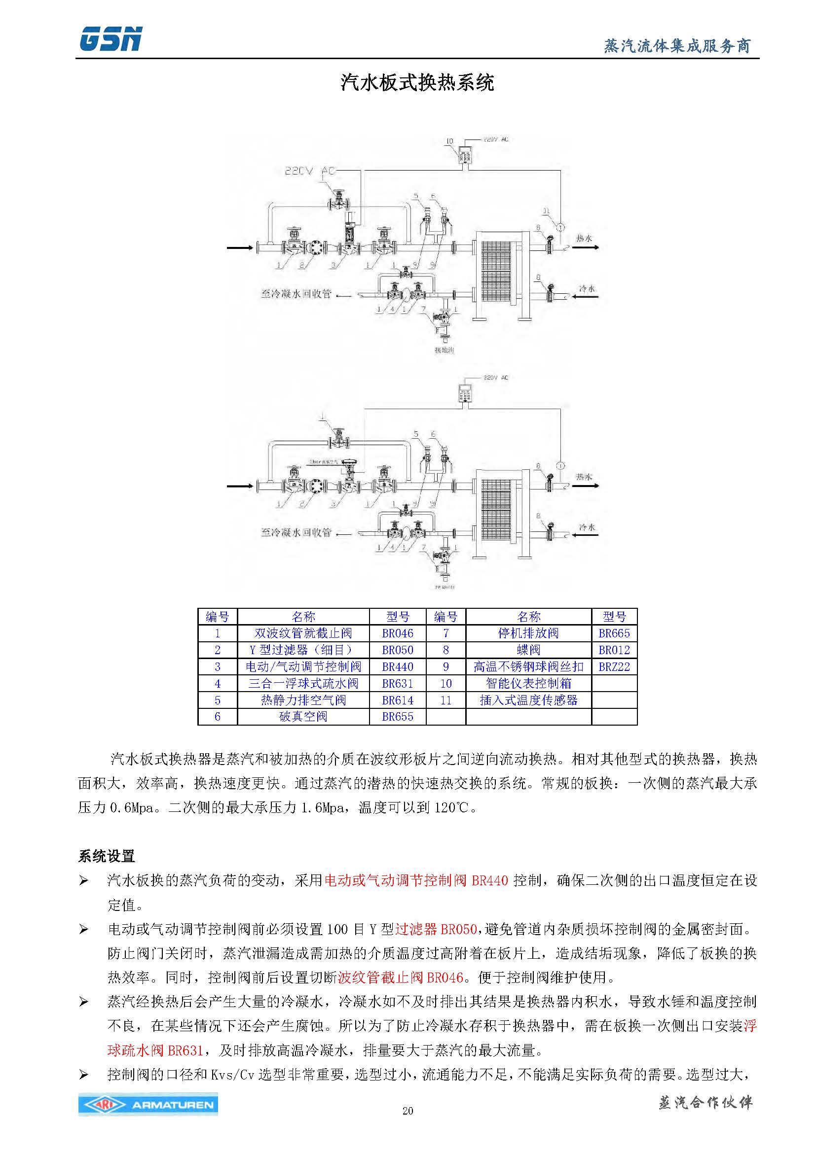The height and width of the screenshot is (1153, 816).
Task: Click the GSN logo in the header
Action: coord(111,39)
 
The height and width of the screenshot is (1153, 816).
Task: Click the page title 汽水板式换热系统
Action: coord(417,82)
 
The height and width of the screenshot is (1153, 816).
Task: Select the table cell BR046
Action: coord(398,633)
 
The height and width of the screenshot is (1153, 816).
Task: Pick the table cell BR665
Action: coord(614,633)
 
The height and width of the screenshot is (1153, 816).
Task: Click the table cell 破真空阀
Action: coord(303,717)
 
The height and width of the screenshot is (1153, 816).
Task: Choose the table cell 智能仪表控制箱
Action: coord(528,683)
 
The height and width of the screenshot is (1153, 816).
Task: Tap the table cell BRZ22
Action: coord(614,667)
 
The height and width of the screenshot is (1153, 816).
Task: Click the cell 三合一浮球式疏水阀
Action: coord(303,683)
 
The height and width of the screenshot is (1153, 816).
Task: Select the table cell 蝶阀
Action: coord(528,650)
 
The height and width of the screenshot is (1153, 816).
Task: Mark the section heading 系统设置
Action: coord(107,856)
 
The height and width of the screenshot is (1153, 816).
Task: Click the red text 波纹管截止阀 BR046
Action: coord(401,977)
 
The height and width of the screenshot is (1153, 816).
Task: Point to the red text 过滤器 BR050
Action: coord(436,929)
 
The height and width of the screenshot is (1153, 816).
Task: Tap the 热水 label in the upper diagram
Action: coord(584,238)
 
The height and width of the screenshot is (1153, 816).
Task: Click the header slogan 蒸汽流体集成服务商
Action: coord(677,46)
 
